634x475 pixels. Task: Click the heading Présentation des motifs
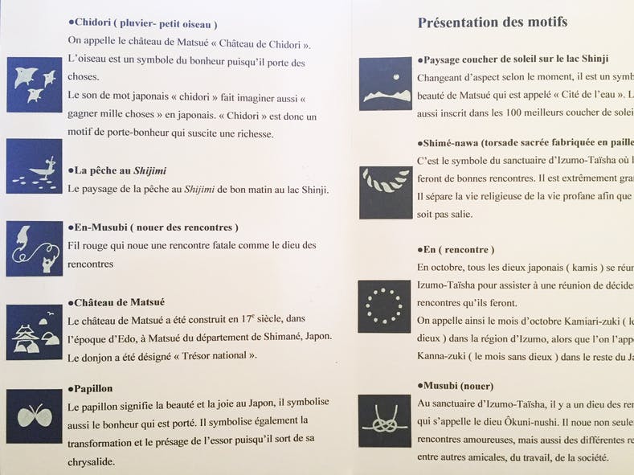(492, 23)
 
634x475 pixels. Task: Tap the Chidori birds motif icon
(34, 84)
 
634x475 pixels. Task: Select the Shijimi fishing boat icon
(34, 166)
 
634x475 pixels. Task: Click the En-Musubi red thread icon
(34, 248)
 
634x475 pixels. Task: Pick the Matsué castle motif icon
(34, 332)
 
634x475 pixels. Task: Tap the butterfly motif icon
(34, 416)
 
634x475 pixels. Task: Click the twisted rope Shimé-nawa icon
(385, 192)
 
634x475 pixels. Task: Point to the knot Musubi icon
(385, 421)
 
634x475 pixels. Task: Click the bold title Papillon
(92, 388)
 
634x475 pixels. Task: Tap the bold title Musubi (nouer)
(458, 386)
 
